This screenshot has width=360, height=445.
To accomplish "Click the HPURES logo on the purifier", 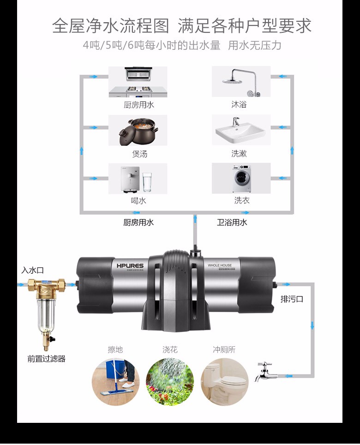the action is point(131,266).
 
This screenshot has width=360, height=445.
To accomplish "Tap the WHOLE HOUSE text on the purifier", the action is point(220,265).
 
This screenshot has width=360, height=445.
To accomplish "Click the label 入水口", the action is point(32,270).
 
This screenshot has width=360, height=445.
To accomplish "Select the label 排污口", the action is point(292,299).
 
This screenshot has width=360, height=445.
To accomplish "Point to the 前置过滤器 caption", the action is point(46,359).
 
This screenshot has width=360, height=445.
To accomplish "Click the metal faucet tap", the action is point(265,372).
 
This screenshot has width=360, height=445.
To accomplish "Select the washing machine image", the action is point(241,179).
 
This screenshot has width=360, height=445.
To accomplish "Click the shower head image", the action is point(241,82).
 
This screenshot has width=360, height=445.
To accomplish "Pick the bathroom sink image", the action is point(241,130).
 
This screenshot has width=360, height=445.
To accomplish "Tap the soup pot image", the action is point(138,131).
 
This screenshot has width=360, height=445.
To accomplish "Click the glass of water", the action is point(147,182).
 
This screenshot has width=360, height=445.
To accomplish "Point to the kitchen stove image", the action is point(138,82).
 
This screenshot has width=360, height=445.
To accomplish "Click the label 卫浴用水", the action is point(232,222).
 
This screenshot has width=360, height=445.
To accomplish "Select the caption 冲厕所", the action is point(224,349).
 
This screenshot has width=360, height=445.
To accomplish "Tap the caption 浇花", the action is point(170,349).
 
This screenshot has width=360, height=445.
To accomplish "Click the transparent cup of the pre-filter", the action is point(45,314).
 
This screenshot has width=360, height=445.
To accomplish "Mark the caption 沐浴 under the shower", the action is point(239,105).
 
